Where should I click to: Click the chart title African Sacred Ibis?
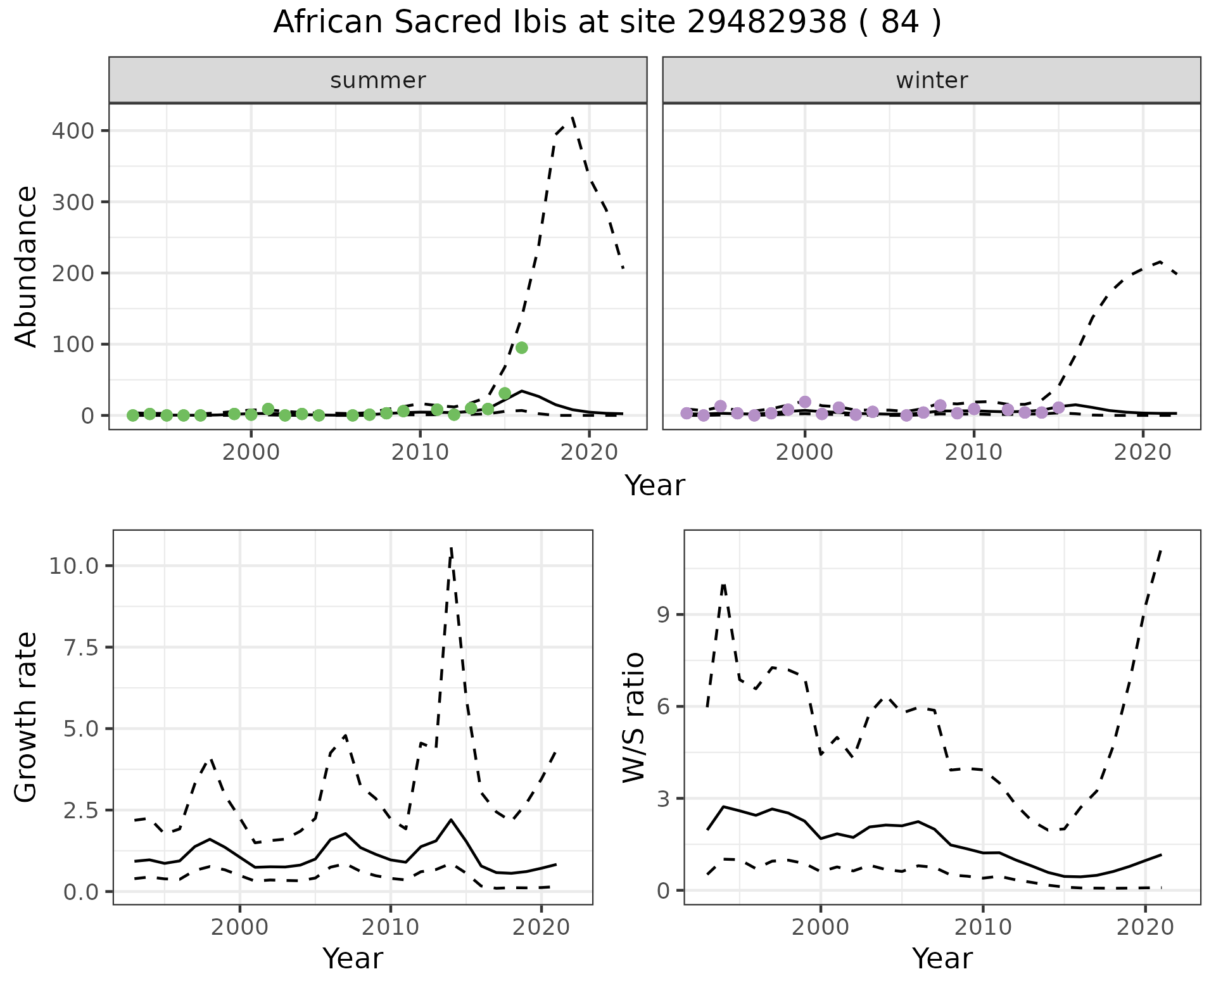coord(607,23)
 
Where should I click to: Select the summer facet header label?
coord(378,80)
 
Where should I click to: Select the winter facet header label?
coord(932,80)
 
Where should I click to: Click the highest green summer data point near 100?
coord(522,348)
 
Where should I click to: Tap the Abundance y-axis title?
coord(27,267)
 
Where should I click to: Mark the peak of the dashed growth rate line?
coord(451,548)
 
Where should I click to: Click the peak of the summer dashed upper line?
coord(573,117)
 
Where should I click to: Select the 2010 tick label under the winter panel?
coord(974,453)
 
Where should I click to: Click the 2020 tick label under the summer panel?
coord(589,453)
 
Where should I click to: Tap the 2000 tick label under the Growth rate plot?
coord(239,928)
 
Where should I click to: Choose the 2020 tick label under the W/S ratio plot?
coord(1145,928)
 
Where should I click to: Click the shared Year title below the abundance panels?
coord(655,486)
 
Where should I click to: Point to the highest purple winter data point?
coord(805,402)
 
